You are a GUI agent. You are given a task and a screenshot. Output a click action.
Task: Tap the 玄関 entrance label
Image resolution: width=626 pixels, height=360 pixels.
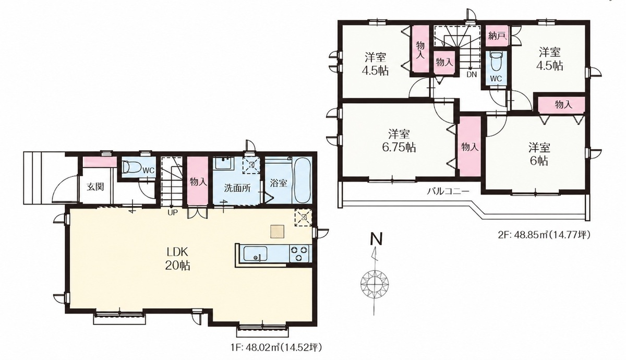point(95,186)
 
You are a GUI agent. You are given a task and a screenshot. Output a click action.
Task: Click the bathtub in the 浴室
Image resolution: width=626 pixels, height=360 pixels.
point(302,181)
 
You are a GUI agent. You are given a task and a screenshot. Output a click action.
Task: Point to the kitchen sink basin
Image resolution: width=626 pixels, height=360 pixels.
point(255,254)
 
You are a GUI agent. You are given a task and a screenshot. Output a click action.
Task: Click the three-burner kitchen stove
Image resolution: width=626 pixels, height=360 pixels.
point(299,253)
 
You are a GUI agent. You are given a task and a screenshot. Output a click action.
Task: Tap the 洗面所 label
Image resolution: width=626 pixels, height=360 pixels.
point(237,188)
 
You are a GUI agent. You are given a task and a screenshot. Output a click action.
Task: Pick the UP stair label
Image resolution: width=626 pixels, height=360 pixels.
point(173,212)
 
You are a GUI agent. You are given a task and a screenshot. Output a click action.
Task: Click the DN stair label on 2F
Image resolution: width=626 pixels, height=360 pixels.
point(472,74)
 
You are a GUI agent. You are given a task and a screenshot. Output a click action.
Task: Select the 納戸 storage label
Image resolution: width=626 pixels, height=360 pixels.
point(498,36)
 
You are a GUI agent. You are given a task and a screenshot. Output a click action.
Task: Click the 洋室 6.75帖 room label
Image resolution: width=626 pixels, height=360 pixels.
point(399,141)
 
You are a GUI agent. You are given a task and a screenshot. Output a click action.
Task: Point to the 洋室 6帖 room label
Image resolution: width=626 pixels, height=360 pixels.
point(539,154)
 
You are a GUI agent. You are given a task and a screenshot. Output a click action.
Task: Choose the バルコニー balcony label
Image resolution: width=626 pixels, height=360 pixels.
point(448,191)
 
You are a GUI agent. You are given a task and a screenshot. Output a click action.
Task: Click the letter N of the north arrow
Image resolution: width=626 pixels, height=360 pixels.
point(376,239)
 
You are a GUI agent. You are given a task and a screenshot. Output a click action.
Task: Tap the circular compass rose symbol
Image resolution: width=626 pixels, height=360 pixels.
point(375,283)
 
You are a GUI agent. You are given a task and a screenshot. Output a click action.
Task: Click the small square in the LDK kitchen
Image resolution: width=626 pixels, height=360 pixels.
point(277,232)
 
